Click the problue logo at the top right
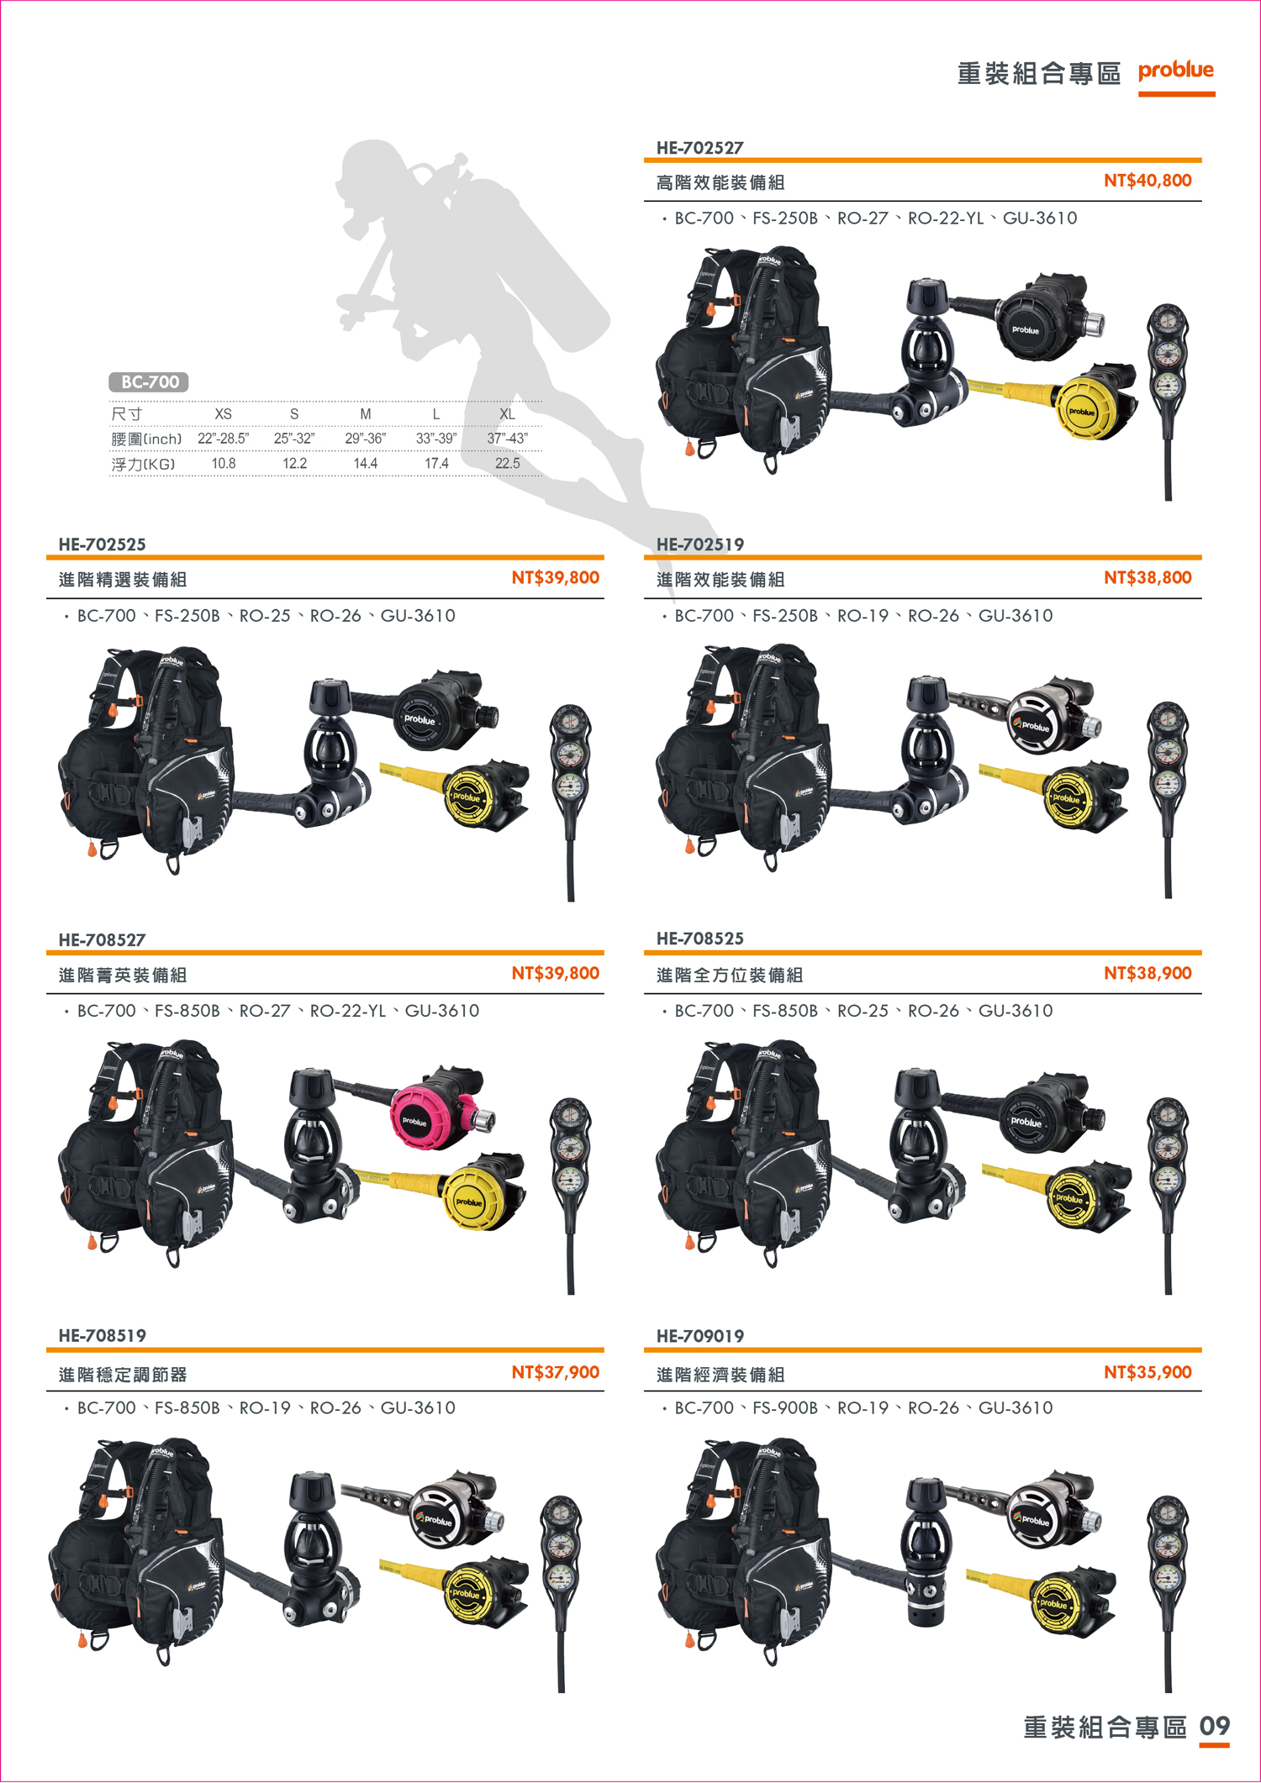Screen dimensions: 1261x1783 pos(1176,71)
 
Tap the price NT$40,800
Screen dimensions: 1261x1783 pos(1148,180)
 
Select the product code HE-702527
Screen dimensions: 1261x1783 pos(699,148)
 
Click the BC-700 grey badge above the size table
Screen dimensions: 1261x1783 pos(149,382)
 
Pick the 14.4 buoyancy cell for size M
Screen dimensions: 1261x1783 pos(366,464)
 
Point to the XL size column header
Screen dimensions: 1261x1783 pos(507,414)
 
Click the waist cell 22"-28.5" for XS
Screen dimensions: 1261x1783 pos(224,439)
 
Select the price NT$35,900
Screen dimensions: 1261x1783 pos(1148,1372)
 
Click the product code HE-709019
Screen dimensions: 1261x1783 pos(699,1336)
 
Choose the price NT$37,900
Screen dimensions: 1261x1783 pos(556,1372)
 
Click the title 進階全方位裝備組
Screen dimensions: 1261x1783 pos(729,975)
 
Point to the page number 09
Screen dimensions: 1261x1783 pos(1215,1726)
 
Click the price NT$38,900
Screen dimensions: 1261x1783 pos(1148,973)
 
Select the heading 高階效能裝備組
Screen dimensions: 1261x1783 pos(720,182)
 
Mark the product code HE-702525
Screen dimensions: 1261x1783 pos(102,544)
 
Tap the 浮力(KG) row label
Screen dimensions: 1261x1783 pos(143,465)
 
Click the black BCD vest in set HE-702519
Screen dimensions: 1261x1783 pos(744,756)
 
